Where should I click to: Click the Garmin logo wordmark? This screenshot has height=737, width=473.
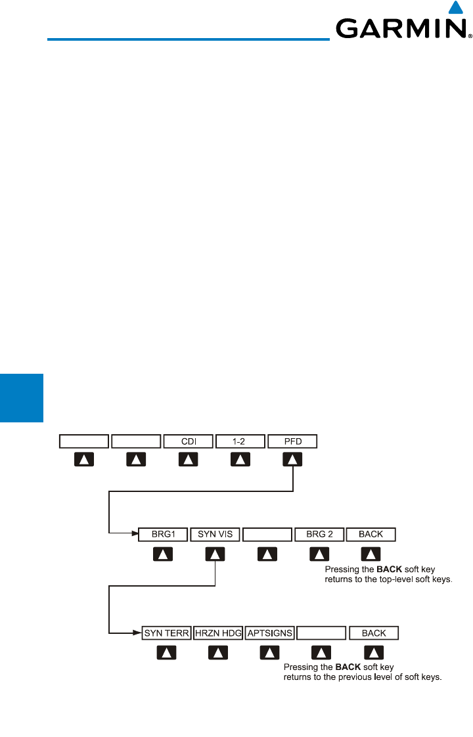coord(400,29)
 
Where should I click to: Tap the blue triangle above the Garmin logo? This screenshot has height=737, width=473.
coord(453,8)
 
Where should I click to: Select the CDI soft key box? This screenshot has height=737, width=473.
coord(188,441)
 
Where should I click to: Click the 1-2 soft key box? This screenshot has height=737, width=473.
coord(240,441)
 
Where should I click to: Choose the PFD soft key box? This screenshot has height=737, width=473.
coord(292,441)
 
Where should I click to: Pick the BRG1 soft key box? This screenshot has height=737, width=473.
coord(164,534)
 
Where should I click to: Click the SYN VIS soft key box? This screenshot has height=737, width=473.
coord(215,534)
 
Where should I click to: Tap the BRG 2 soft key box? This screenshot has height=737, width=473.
coord(319,534)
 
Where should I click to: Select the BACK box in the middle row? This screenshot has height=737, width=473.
coord(371,534)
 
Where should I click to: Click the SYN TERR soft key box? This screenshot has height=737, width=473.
coord(166,633)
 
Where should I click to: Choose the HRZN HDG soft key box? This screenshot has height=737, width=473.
coord(218,633)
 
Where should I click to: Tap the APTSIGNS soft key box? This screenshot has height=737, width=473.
coord(269,633)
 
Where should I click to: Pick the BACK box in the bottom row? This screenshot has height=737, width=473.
coord(374,633)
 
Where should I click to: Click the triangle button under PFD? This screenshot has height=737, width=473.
coord(293,460)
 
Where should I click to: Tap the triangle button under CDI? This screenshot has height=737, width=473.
coord(189,460)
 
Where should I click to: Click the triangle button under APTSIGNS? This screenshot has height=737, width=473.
coord(269,652)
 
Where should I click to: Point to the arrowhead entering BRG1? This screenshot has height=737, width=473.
coord(135,534)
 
